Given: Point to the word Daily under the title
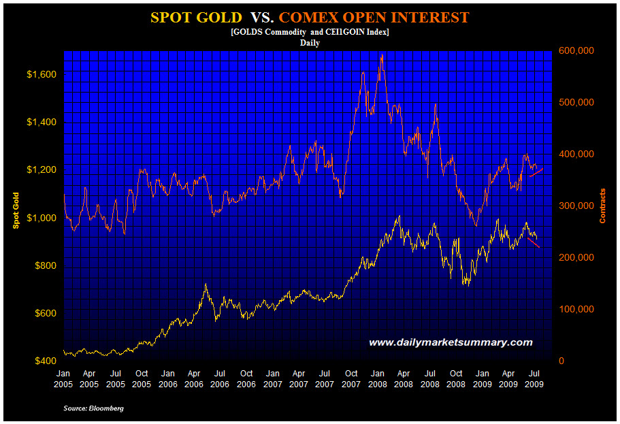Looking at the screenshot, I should (x=310, y=42).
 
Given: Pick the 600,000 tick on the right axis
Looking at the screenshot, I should (x=576, y=50).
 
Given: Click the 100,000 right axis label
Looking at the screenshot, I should (x=576, y=309).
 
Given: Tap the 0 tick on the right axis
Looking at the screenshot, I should (x=561, y=361).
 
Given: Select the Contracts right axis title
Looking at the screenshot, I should (x=603, y=206).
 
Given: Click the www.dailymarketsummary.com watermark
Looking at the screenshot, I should (x=451, y=342).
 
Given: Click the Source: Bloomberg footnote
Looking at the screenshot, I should (x=93, y=408).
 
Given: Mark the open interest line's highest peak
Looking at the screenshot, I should (x=382, y=55).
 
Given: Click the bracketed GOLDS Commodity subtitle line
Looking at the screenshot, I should (x=310, y=32).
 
